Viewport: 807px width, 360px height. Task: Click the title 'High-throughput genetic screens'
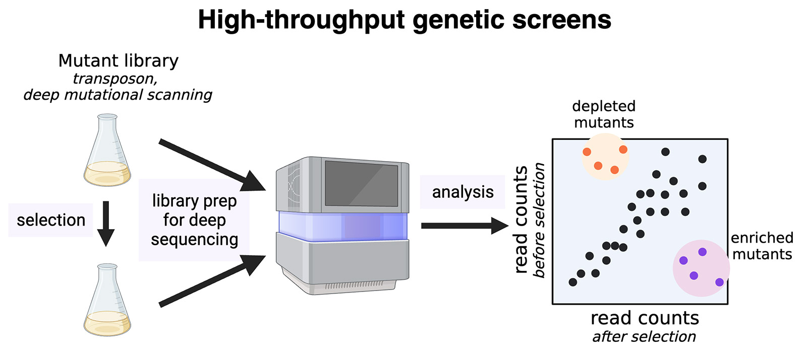tap(404, 20)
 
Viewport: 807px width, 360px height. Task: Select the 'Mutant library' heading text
tap(119, 61)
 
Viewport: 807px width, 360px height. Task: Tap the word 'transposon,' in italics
tap(115, 79)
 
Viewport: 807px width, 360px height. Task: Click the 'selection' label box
tap(50, 220)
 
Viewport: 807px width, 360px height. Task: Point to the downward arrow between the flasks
tap(105, 224)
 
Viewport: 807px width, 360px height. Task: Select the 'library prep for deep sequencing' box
tap(194, 220)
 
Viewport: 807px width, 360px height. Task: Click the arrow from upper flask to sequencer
tap(211, 164)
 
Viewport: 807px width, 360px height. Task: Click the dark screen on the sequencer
tap(361, 183)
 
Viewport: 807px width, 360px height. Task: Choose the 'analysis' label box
tap(463, 192)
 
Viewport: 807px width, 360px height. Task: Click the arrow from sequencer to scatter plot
tap(464, 226)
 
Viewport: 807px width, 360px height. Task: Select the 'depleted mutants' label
tap(604, 114)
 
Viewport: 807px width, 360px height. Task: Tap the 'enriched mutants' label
tap(762, 246)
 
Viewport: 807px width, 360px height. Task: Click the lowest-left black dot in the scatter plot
tap(572, 282)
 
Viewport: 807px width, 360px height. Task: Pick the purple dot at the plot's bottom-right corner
tap(719, 282)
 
